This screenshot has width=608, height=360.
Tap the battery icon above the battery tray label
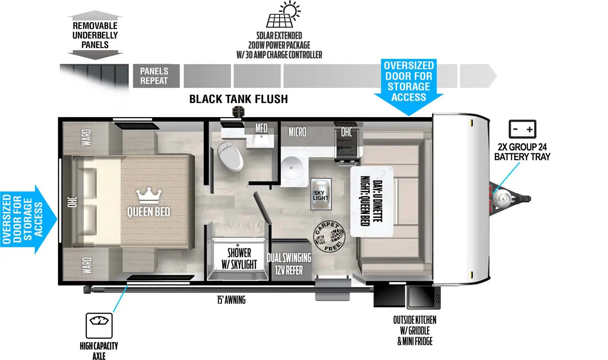522,129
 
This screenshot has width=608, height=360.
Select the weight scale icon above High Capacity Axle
99,325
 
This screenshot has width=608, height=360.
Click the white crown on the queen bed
149,195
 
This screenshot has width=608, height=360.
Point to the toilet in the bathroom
230,157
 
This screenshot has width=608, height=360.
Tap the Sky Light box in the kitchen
321,194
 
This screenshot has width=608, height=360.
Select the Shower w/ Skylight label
239,259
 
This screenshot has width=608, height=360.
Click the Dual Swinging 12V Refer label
289,264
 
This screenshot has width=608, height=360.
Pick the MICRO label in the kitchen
297,132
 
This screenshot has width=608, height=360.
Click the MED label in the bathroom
261,128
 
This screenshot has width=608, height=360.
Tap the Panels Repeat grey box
156,76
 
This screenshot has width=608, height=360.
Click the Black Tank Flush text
239,99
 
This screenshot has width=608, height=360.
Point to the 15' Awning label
231,300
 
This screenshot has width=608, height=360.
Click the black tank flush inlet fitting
239,112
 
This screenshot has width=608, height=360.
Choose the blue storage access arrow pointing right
28,219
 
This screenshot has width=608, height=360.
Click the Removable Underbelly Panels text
95,35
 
